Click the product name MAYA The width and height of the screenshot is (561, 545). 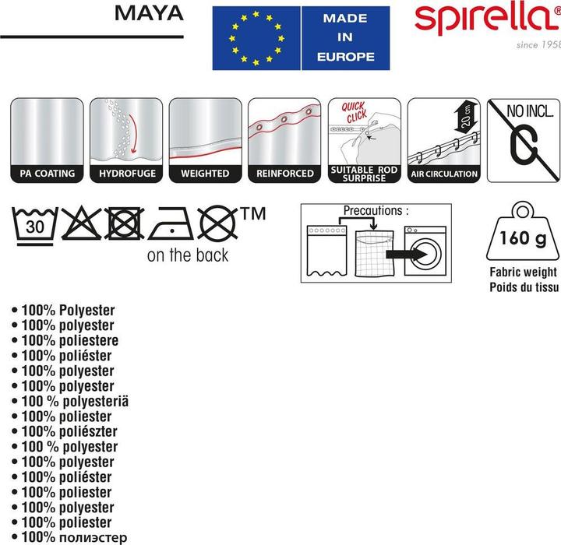click(149, 13)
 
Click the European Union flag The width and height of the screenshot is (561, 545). click(256, 38)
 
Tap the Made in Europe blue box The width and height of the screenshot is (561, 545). click(345, 38)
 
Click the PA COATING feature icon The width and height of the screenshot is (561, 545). click(46, 140)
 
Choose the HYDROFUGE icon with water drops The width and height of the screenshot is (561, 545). click(125, 140)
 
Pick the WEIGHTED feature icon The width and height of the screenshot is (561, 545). click(204, 140)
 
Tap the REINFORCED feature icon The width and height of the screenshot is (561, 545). click(284, 140)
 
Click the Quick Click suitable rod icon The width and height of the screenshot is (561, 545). click(364, 140)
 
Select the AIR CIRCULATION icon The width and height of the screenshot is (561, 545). click(443, 140)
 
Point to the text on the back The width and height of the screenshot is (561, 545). click(188, 255)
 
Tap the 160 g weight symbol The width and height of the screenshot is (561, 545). click(522, 234)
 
